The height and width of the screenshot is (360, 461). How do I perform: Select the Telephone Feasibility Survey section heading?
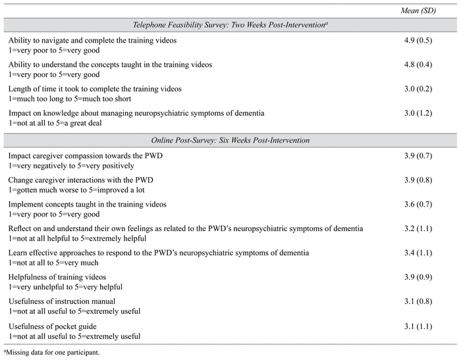pos(230,24)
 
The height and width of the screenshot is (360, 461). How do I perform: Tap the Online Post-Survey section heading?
pos(230,140)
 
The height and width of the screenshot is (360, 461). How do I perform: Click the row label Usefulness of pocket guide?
pos(53,325)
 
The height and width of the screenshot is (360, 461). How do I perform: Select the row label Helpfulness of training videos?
pos(57,276)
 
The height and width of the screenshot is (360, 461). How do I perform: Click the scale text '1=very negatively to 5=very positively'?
pos(71,166)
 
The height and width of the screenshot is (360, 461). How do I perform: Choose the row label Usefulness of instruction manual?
pos(65,301)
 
